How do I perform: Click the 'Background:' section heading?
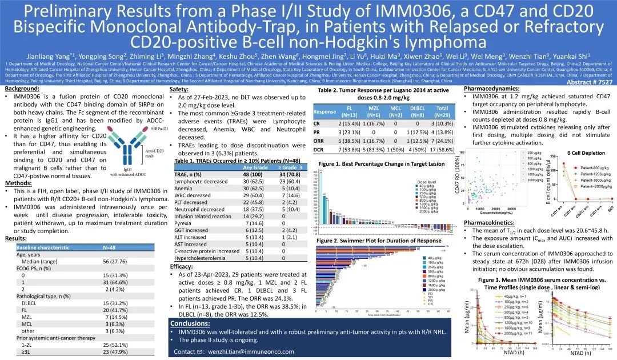pos(23,89)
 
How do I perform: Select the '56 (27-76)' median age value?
pos(114,261)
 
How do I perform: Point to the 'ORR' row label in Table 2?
pos(319,140)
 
